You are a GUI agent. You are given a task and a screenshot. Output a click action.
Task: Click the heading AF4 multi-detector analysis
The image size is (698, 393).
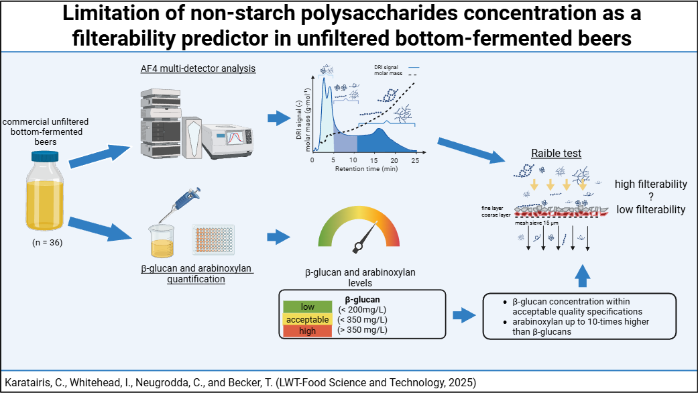click(x=198, y=68)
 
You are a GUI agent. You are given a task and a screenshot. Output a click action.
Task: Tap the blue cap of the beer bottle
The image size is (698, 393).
click(x=46, y=156)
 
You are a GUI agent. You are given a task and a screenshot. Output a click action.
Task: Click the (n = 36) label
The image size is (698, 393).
click(x=47, y=243)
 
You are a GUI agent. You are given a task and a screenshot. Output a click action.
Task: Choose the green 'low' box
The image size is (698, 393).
click(x=308, y=307)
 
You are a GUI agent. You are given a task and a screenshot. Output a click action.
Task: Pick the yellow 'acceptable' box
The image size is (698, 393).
click(x=308, y=319)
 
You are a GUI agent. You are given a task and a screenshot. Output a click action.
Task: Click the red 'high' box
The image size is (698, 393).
click(x=308, y=331)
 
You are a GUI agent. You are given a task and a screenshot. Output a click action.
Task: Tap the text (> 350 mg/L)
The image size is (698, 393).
click(x=363, y=330)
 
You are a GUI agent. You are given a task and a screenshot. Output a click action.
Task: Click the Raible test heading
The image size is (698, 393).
click(x=556, y=154)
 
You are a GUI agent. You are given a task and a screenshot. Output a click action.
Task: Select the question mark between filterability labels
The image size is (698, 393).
click(x=651, y=196)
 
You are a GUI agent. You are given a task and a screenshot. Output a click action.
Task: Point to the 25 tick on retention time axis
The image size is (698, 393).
click(x=416, y=161)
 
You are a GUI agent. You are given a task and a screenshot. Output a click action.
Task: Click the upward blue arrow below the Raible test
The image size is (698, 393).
click(x=583, y=274)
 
